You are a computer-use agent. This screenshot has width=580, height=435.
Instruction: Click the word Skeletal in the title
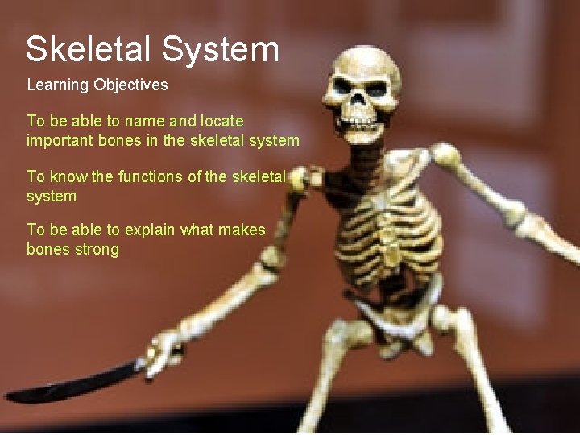[88, 49]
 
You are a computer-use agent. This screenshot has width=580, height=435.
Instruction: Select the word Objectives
[130, 85]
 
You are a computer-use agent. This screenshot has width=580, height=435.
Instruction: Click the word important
[59, 140]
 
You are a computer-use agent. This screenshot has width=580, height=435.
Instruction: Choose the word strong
[97, 249]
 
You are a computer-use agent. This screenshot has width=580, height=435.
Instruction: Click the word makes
[239, 230]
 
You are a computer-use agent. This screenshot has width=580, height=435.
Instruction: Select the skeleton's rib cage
[387, 226]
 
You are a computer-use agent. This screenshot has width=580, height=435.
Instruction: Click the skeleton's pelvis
[395, 322]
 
